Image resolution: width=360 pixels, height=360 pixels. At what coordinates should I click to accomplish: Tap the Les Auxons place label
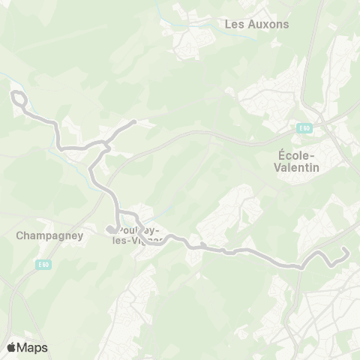[x=257, y=24]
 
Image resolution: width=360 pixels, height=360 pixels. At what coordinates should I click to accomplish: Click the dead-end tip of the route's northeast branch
[x=133, y=121]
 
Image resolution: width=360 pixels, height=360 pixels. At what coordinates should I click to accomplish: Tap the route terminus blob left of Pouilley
[x=110, y=229]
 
